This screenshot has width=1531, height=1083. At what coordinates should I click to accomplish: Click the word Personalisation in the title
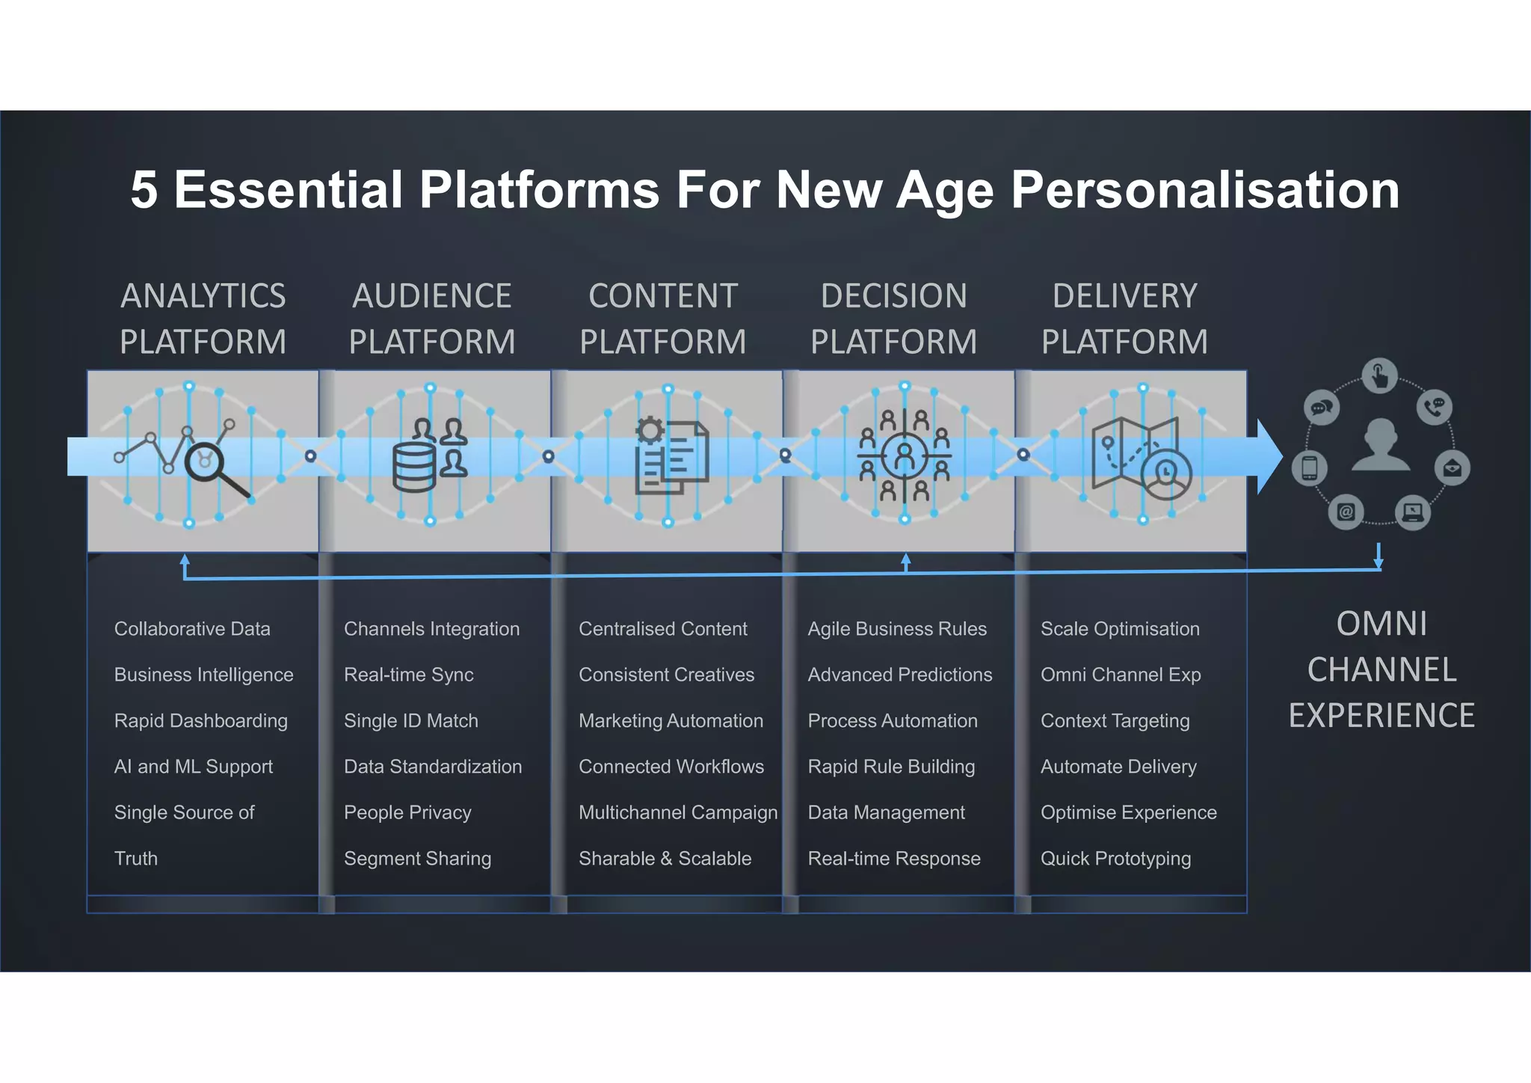[1204, 189]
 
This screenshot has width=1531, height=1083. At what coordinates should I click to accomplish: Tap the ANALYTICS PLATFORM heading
[203, 319]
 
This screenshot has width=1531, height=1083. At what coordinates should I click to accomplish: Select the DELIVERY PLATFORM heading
[1124, 319]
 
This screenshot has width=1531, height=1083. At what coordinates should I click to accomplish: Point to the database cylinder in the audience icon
[413, 467]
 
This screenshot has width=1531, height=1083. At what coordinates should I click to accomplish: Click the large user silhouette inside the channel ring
[1380, 444]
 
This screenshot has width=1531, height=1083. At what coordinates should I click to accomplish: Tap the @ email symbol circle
[1346, 512]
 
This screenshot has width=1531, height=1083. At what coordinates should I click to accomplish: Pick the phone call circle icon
[1434, 407]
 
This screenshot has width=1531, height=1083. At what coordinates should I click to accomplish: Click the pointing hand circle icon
[1379, 375]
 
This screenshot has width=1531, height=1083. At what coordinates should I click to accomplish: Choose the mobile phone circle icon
[1309, 468]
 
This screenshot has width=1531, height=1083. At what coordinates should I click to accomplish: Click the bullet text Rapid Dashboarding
[200, 721]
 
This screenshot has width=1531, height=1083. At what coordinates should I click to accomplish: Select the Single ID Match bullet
[410, 721]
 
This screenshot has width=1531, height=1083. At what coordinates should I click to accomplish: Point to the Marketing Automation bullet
[671, 721]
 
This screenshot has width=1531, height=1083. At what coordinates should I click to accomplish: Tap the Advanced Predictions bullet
[899, 675]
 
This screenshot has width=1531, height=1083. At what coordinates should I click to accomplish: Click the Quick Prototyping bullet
[1115, 859]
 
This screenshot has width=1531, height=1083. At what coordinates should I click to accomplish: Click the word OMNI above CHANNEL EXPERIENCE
[1381, 624]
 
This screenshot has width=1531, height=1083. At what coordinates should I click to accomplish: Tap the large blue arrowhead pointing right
[1269, 456]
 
